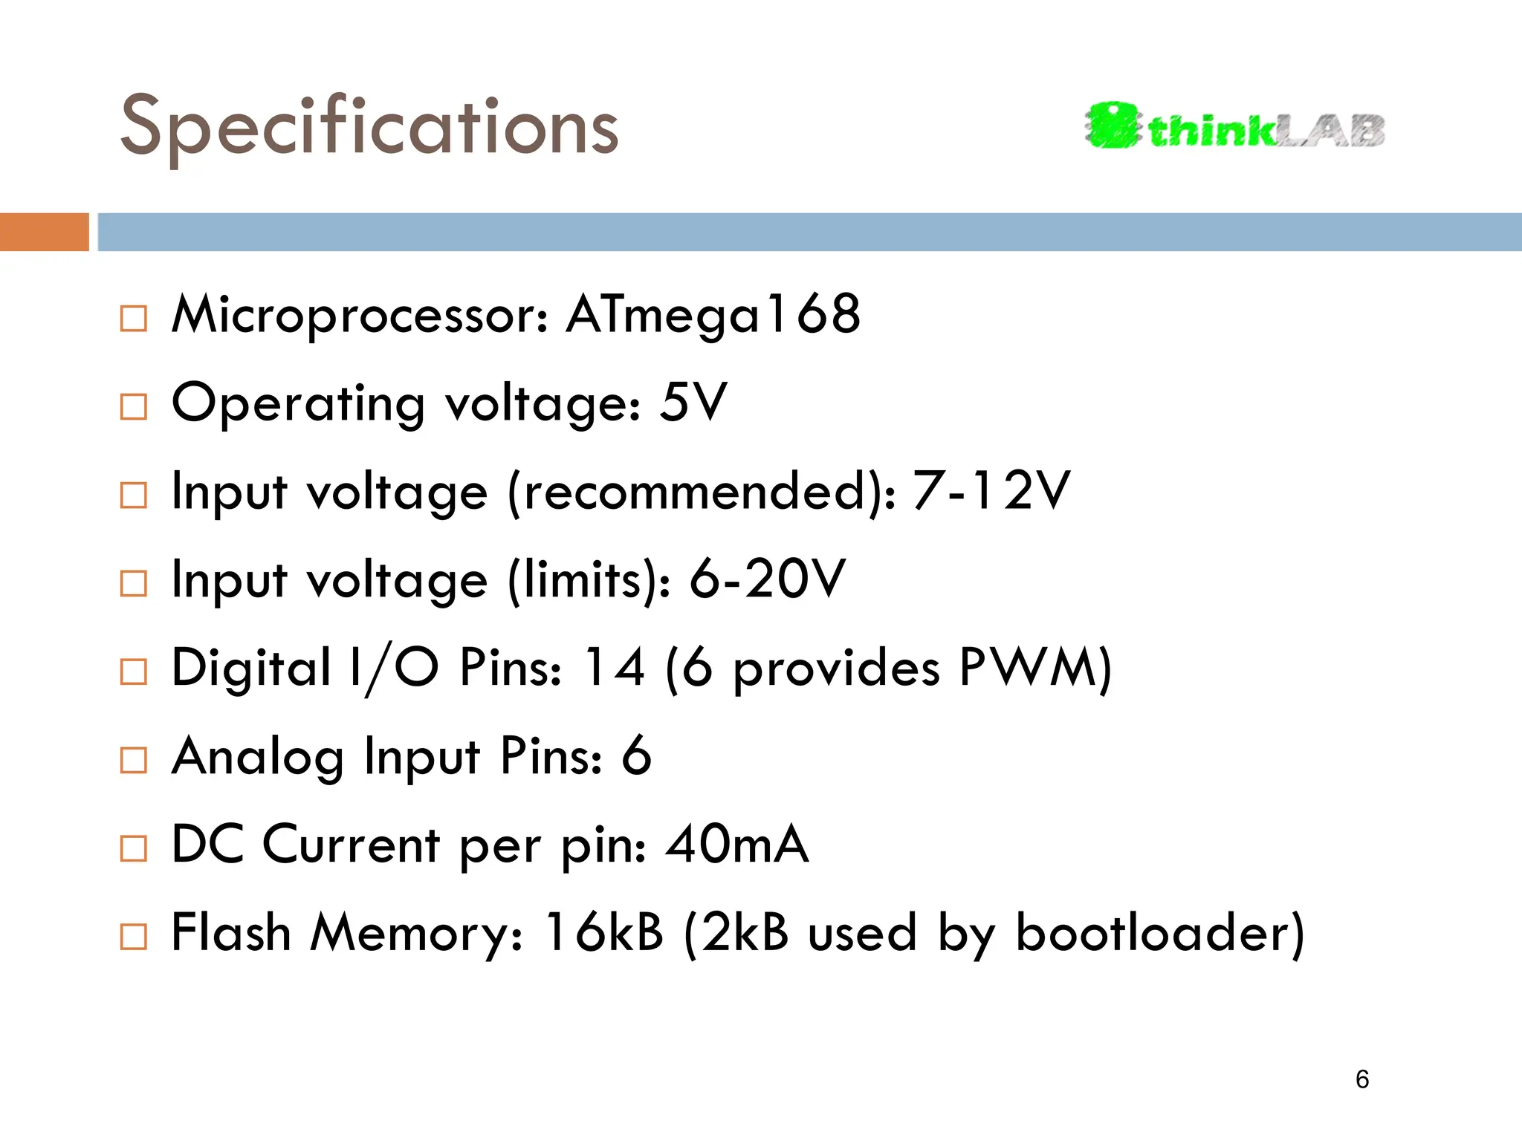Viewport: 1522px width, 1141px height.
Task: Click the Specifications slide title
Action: (369, 128)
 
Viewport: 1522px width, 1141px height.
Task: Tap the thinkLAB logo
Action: (1234, 126)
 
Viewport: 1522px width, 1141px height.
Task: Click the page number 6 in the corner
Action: (1361, 1079)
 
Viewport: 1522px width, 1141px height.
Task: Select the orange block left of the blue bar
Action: (44, 232)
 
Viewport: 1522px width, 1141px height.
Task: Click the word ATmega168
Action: (713, 315)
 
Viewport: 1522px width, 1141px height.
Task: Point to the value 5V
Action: (693, 403)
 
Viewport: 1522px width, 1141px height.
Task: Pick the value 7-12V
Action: (991, 491)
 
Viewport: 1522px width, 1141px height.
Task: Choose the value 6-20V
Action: (767, 579)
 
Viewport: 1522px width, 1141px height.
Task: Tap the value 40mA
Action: (736, 845)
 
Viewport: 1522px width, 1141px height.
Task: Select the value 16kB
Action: (603, 932)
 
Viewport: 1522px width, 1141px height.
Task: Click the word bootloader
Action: (1152, 932)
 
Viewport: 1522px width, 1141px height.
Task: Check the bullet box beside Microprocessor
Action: (134, 319)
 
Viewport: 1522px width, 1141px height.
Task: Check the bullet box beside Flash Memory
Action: (134, 937)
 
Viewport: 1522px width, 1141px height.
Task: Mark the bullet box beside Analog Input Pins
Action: (134, 760)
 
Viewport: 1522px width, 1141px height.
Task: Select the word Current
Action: (351, 845)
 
